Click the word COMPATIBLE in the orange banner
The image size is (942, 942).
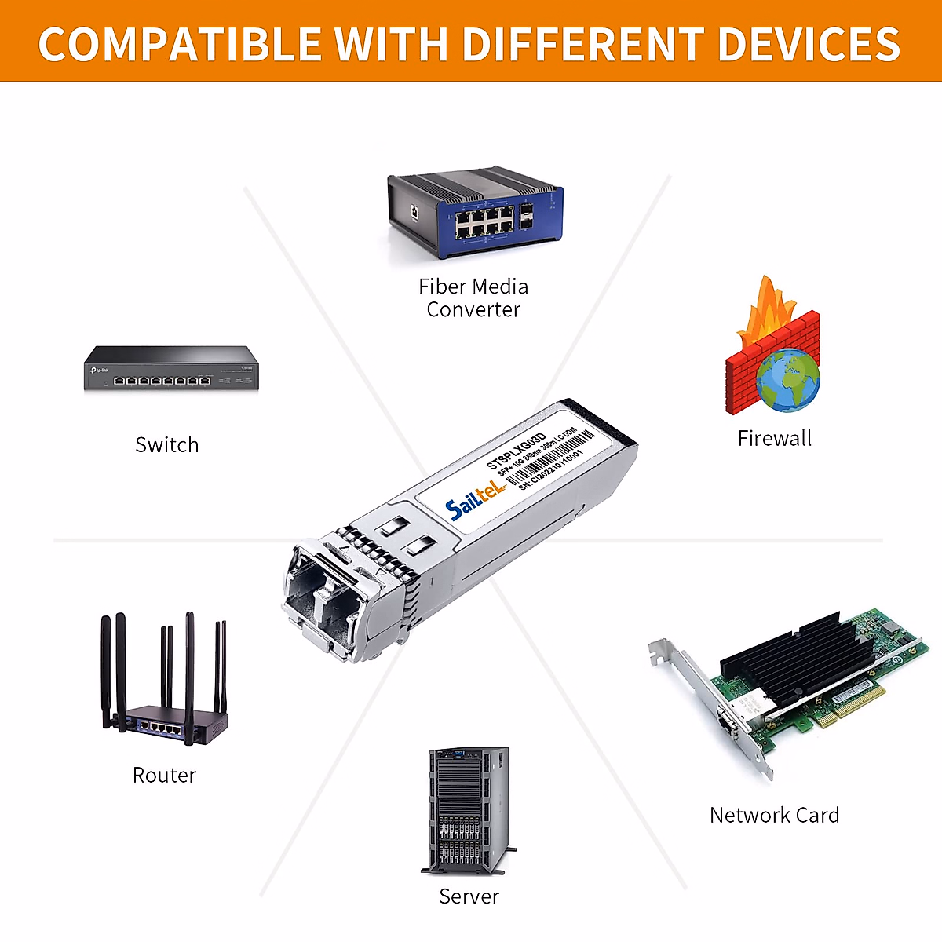(x=179, y=44)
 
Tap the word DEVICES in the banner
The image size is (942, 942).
(x=809, y=44)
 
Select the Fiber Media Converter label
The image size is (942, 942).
(x=473, y=298)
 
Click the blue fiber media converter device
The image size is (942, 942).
(x=475, y=212)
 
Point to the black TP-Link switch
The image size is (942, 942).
(x=171, y=368)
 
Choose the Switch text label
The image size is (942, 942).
(x=167, y=445)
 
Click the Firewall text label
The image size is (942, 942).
(x=774, y=439)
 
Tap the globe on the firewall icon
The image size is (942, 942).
(x=787, y=379)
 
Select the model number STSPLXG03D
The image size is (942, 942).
(x=516, y=451)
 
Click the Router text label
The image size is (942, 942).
(x=164, y=776)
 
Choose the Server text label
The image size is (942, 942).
(x=469, y=896)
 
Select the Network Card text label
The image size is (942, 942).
(x=774, y=816)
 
